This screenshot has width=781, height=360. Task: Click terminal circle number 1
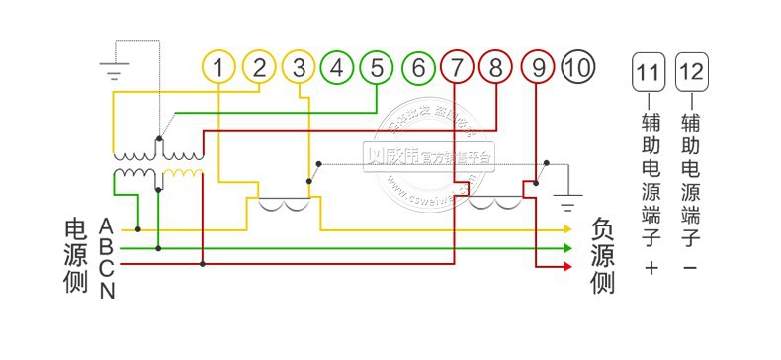219,67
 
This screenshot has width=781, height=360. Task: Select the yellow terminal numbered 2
259,67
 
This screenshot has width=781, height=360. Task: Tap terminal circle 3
299,67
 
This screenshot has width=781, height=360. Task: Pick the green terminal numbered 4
337,67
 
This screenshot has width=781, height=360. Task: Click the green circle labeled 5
377,67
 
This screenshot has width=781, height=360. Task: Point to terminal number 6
419,67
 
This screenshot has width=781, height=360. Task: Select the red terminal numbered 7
457,67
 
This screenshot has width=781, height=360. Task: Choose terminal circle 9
538,67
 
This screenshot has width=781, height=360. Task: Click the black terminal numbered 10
578,67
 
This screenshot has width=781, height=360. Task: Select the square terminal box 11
648,71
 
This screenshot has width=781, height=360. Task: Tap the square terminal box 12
690,71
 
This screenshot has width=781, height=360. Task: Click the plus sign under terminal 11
650,268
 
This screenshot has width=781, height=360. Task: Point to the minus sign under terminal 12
690,268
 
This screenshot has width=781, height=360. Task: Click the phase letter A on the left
106,227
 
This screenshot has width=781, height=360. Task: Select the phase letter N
107,290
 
